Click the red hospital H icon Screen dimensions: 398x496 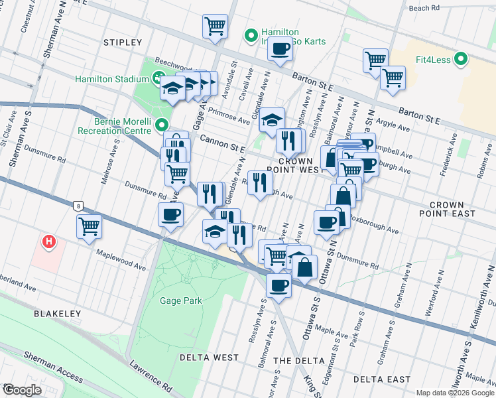[48, 242]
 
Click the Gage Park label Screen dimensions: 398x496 [180, 300]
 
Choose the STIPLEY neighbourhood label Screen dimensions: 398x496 [123, 42]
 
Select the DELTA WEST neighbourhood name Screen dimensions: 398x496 [209, 358]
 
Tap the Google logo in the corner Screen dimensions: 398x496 [21, 390]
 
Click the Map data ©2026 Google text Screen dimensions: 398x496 [455, 393]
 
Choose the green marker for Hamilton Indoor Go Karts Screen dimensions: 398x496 [251, 35]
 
